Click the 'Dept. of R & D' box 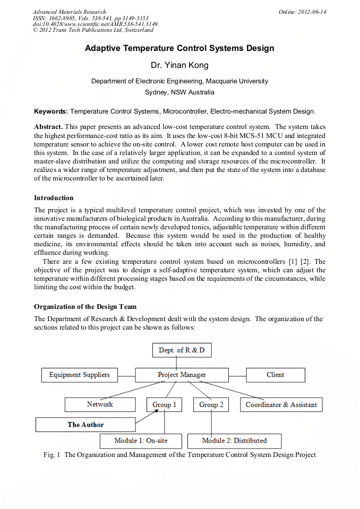pos(182,350)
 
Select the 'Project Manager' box pos(182,375)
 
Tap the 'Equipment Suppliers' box pos(80,375)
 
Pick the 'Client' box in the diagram pos(275,375)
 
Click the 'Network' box pos(100,404)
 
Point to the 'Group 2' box pos(211,404)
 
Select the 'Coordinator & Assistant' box pos(281,404)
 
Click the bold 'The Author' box pos(85,425)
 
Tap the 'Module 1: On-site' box pos(141,441)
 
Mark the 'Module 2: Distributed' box pos(234,441)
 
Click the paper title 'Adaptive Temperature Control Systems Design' pos(179,48)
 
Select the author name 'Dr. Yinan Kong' pos(179,65)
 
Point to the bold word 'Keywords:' pos(51,111)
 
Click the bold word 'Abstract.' pos(49,127)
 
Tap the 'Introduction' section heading pos(54,198)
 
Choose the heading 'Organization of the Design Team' pos(85,307)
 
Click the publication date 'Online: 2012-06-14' pos(302,12)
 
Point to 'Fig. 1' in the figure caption pos(52,455)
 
